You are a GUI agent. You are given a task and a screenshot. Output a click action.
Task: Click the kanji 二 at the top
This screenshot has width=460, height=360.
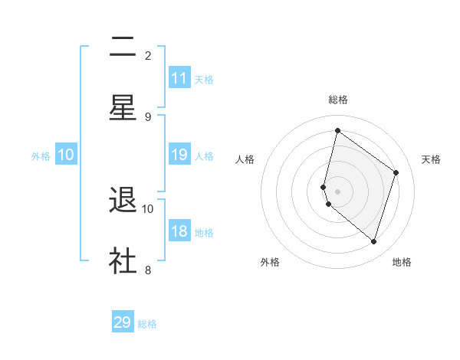click(x=123, y=47)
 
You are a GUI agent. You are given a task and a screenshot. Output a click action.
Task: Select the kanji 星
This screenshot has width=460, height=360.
click(x=123, y=108)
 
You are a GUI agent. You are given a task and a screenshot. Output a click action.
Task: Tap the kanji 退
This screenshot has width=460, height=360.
click(x=123, y=201)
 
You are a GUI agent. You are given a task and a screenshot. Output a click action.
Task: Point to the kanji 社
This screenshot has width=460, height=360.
click(x=123, y=261)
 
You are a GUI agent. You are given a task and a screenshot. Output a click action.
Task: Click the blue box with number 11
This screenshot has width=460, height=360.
click(x=179, y=78)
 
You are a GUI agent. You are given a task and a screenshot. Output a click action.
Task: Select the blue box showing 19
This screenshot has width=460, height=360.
click(x=179, y=155)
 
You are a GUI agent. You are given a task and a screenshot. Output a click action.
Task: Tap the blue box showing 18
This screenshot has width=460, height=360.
click(x=179, y=231)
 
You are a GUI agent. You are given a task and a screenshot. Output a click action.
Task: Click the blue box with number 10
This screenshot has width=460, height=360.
click(x=66, y=155)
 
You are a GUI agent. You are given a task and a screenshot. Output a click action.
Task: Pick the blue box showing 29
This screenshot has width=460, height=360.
click(x=123, y=322)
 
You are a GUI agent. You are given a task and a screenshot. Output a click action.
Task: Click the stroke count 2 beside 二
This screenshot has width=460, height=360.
click(x=148, y=55)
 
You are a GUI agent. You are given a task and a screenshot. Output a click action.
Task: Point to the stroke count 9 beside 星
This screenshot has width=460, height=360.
click(x=148, y=116)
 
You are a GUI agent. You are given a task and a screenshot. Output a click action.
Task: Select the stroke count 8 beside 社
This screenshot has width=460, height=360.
click(x=148, y=270)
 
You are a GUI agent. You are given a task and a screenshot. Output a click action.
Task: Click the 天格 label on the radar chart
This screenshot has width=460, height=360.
click(x=432, y=159)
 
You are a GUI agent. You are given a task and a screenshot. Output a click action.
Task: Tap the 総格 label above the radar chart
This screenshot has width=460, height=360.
click(x=338, y=100)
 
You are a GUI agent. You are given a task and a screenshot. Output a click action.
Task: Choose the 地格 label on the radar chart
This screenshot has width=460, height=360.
click(x=402, y=262)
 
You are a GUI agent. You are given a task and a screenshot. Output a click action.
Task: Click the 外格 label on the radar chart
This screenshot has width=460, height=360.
click(x=270, y=262)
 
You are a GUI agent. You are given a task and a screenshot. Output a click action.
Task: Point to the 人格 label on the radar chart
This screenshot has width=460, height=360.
click(x=245, y=159)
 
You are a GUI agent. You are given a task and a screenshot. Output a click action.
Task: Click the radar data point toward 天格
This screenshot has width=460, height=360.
click(x=396, y=172)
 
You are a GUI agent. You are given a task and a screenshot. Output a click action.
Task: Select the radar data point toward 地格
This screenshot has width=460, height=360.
click(x=373, y=242)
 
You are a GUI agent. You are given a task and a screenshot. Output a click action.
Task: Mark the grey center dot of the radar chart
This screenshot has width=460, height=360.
click(x=338, y=191)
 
